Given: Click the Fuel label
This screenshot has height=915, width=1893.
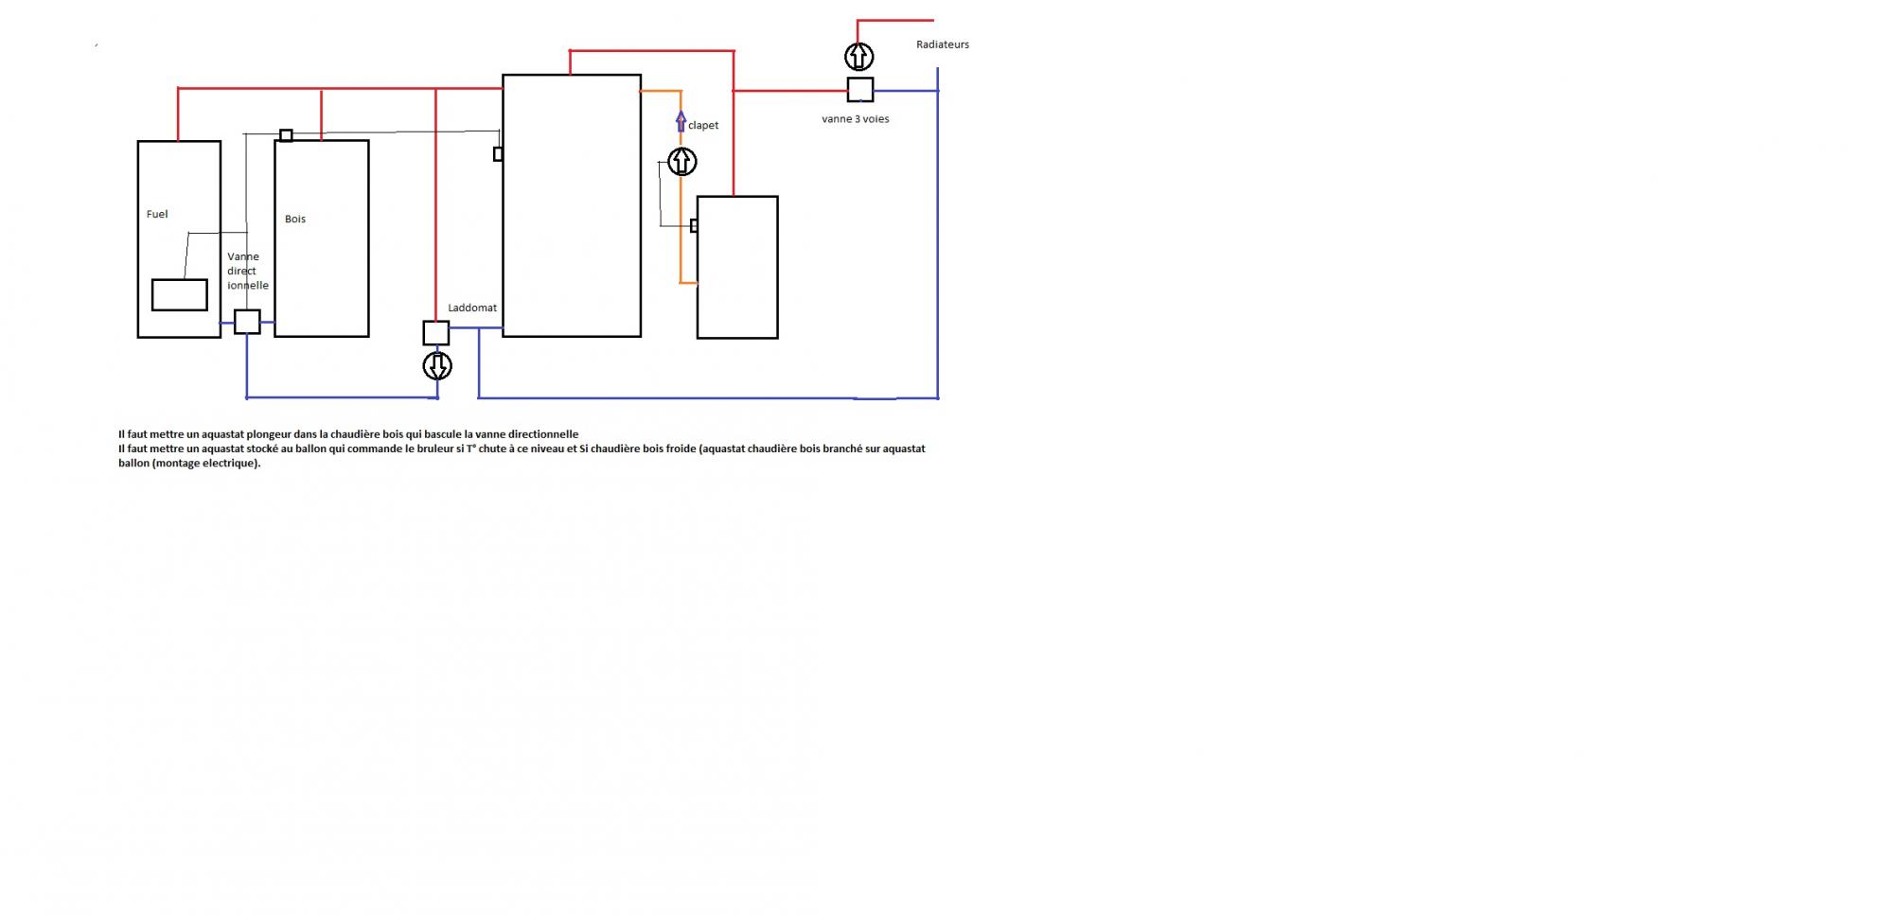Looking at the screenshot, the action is (157, 214).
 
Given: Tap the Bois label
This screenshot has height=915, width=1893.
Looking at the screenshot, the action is (295, 219).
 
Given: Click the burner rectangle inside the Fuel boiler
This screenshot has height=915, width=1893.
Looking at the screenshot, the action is (180, 294).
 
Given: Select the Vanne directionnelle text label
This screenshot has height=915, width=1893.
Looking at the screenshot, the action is (246, 271).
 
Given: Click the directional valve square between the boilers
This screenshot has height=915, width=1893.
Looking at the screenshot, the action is (247, 322).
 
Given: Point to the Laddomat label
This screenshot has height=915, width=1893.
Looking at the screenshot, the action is (472, 308).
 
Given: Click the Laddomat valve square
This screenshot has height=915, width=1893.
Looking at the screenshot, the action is (435, 332).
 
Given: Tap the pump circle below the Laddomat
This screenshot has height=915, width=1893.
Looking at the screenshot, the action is (437, 365).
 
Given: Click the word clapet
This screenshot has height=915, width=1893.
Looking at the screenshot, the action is (703, 125).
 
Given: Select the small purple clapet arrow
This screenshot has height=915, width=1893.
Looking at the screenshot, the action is (681, 121).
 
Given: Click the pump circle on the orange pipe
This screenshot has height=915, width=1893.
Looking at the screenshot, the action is (681, 162).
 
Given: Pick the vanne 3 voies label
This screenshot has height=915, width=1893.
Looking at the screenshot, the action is (855, 119).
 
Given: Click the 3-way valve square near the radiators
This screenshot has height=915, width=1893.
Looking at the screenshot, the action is (859, 90).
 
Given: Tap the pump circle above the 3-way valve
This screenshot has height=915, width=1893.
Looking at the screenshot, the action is (858, 57).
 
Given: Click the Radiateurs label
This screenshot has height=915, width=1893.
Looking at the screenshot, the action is (942, 44).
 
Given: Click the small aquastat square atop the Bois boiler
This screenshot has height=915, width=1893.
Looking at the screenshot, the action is (286, 135).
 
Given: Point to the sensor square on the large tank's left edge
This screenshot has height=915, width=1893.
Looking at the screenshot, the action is (498, 153).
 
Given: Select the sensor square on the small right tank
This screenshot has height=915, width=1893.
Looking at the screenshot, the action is (694, 225).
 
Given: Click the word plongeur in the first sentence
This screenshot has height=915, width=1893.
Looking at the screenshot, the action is (268, 434).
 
